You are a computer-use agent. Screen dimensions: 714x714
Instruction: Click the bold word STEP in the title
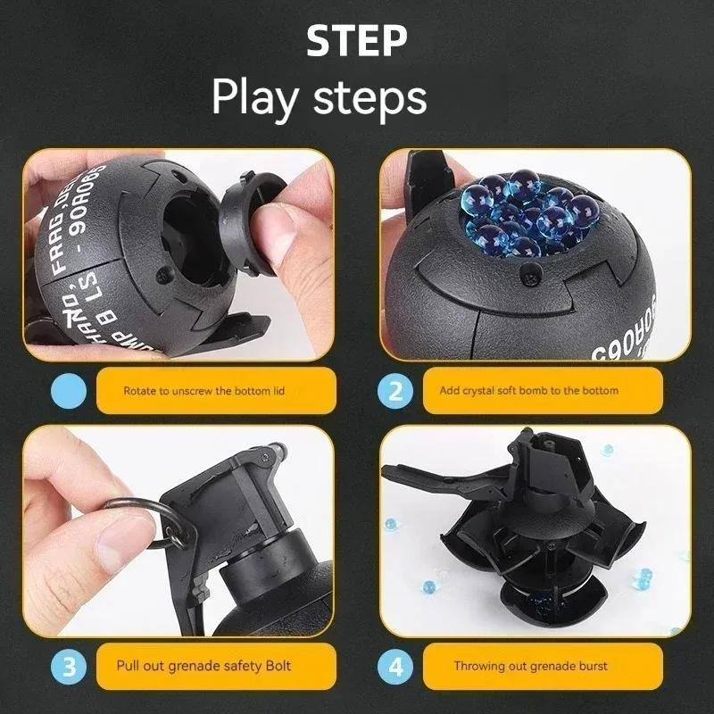[356, 42]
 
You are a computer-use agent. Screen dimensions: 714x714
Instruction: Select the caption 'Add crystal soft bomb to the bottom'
[528, 391]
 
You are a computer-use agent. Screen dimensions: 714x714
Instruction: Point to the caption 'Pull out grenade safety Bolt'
[203, 666]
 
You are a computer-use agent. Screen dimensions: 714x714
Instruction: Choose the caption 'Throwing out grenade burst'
[530, 666]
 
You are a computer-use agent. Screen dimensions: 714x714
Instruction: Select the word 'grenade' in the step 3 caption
[203, 666]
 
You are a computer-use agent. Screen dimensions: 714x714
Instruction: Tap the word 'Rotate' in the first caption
[140, 391]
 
